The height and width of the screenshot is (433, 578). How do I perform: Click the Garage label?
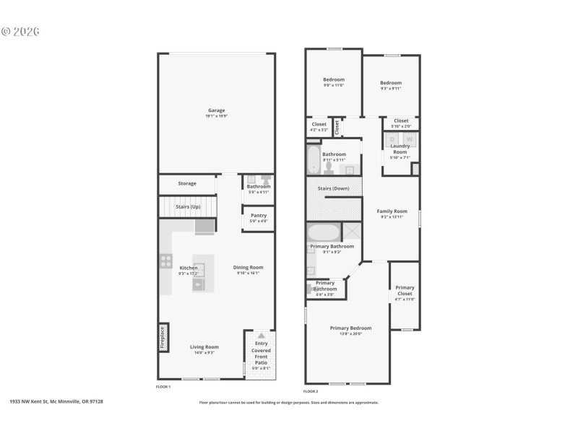coord(216,110)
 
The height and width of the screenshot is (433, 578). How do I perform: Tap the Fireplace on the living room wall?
coord(163,337)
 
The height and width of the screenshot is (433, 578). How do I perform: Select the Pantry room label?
coord(259,215)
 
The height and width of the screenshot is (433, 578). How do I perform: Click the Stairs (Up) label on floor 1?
coord(187,206)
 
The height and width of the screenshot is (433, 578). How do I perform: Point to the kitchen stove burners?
coord(165,261)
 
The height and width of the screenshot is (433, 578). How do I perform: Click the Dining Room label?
coord(248,268)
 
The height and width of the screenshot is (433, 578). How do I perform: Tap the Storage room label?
coord(187,183)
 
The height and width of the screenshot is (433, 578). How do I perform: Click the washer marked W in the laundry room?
coord(409,139)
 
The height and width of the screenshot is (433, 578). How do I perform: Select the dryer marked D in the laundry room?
coord(392,139)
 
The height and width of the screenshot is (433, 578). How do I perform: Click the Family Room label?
coord(392,211)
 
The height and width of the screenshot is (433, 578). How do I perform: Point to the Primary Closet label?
coord(405,291)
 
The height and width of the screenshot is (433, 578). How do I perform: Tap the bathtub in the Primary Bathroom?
coord(323,232)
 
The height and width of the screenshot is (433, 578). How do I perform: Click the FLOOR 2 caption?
coord(311,390)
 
